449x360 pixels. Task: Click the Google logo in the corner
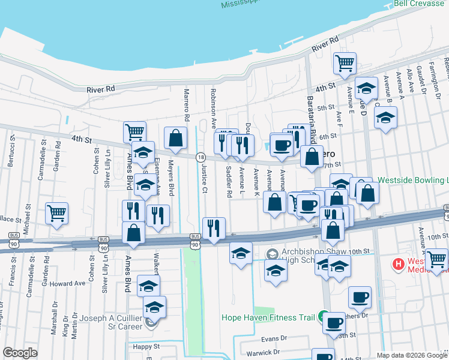(20, 353)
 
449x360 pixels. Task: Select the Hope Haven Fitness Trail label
(268, 317)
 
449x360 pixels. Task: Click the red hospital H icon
(397, 263)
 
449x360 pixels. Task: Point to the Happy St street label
(146, 346)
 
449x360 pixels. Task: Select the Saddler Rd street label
(229, 182)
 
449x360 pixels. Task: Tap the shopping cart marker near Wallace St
(56, 212)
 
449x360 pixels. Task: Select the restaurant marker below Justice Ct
(214, 227)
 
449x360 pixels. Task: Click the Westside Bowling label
(413, 180)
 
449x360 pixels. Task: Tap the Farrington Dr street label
(435, 80)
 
